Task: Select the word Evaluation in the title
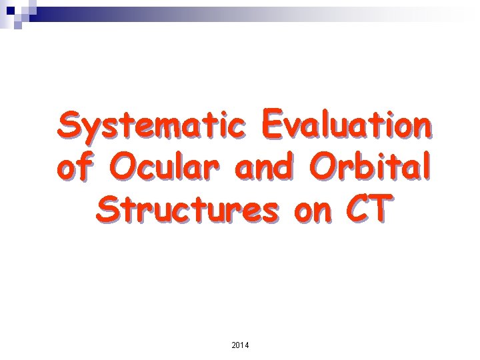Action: [x=345, y=125]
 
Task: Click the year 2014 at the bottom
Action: [x=239, y=345]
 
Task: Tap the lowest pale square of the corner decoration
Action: [x=19, y=26]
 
